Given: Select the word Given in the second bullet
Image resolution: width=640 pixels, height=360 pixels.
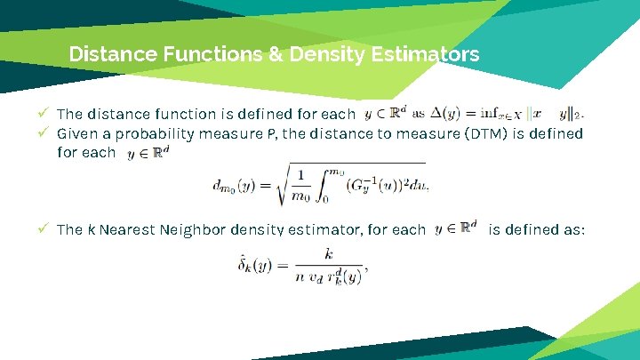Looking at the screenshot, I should tap(77, 133).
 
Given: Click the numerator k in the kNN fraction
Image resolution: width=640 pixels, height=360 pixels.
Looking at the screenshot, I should tap(329, 254).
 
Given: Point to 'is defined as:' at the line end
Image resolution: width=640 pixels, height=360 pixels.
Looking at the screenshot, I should tap(537, 229).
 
